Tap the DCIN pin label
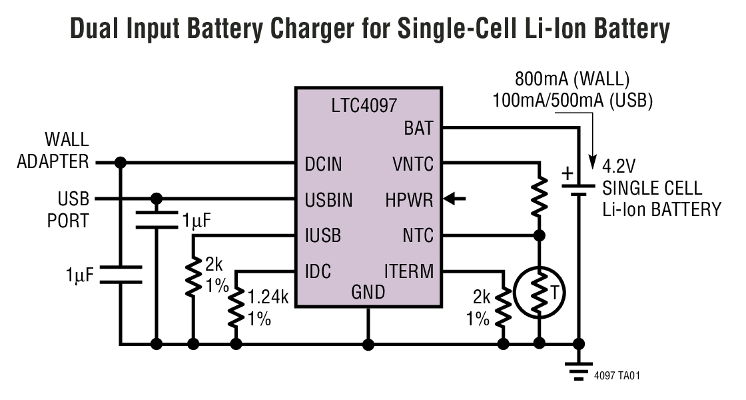[x=324, y=163]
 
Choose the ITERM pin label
[x=409, y=272]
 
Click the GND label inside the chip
[x=368, y=292]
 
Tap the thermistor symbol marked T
[x=540, y=291]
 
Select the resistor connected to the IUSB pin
[x=193, y=276]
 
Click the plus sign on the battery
[x=567, y=175]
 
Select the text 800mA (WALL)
[x=572, y=79]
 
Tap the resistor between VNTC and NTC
[x=540, y=195]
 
